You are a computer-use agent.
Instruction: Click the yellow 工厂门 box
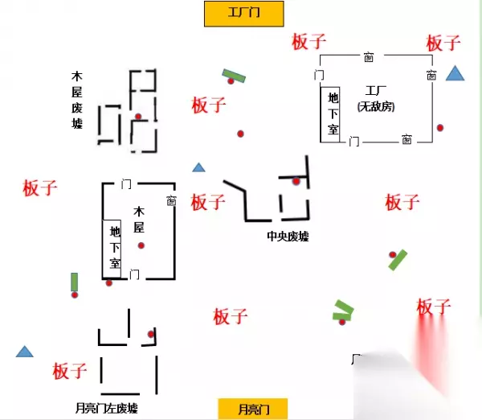point(243,14)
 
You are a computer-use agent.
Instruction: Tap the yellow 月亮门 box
point(252,409)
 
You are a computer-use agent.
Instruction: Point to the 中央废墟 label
point(288,237)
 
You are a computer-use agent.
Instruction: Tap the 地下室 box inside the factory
point(333,113)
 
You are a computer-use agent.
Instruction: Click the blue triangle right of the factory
point(455,75)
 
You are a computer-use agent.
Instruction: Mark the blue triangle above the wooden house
point(198,167)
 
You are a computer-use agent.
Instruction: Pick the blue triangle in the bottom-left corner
point(25,352)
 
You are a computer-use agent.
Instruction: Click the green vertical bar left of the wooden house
point(74,282)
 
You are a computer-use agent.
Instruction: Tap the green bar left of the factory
point(234,76)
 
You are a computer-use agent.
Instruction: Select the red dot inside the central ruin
point(296,182)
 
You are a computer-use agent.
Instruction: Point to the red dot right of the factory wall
point(440,128)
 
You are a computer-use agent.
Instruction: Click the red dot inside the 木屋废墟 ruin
point(138,117)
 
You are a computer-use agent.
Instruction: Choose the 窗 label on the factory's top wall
point(367,57)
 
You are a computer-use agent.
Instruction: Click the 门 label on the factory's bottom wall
point(353,141)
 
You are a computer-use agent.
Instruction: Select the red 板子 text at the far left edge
point(39,188)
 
